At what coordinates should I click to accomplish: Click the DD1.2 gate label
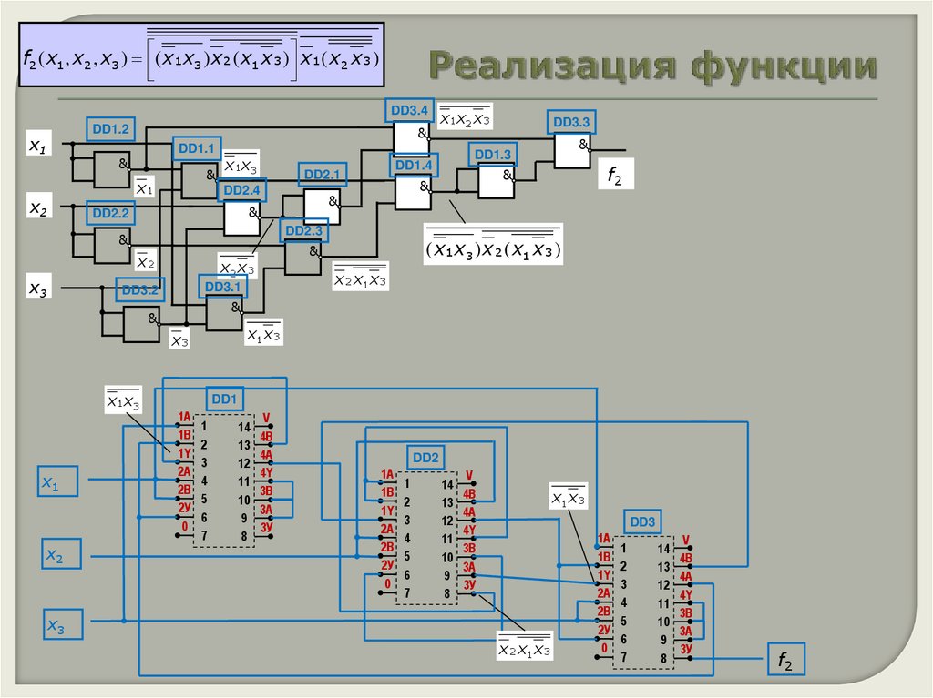pos(111,129)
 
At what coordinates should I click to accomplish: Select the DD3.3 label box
pos(571,122)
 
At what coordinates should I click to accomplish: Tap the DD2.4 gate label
pos(241,190)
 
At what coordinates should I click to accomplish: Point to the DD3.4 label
pos(409,111)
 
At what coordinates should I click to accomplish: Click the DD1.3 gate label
pos(493,154)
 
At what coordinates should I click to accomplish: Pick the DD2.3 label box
pos(303,231)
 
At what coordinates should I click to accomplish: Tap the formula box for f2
pos(202,56)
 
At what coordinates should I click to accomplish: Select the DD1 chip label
pos(224,399)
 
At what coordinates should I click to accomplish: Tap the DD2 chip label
pos(425,457)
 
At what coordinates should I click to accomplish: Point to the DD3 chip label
pos(641,522)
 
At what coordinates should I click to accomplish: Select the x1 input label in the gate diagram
pos(38,145)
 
